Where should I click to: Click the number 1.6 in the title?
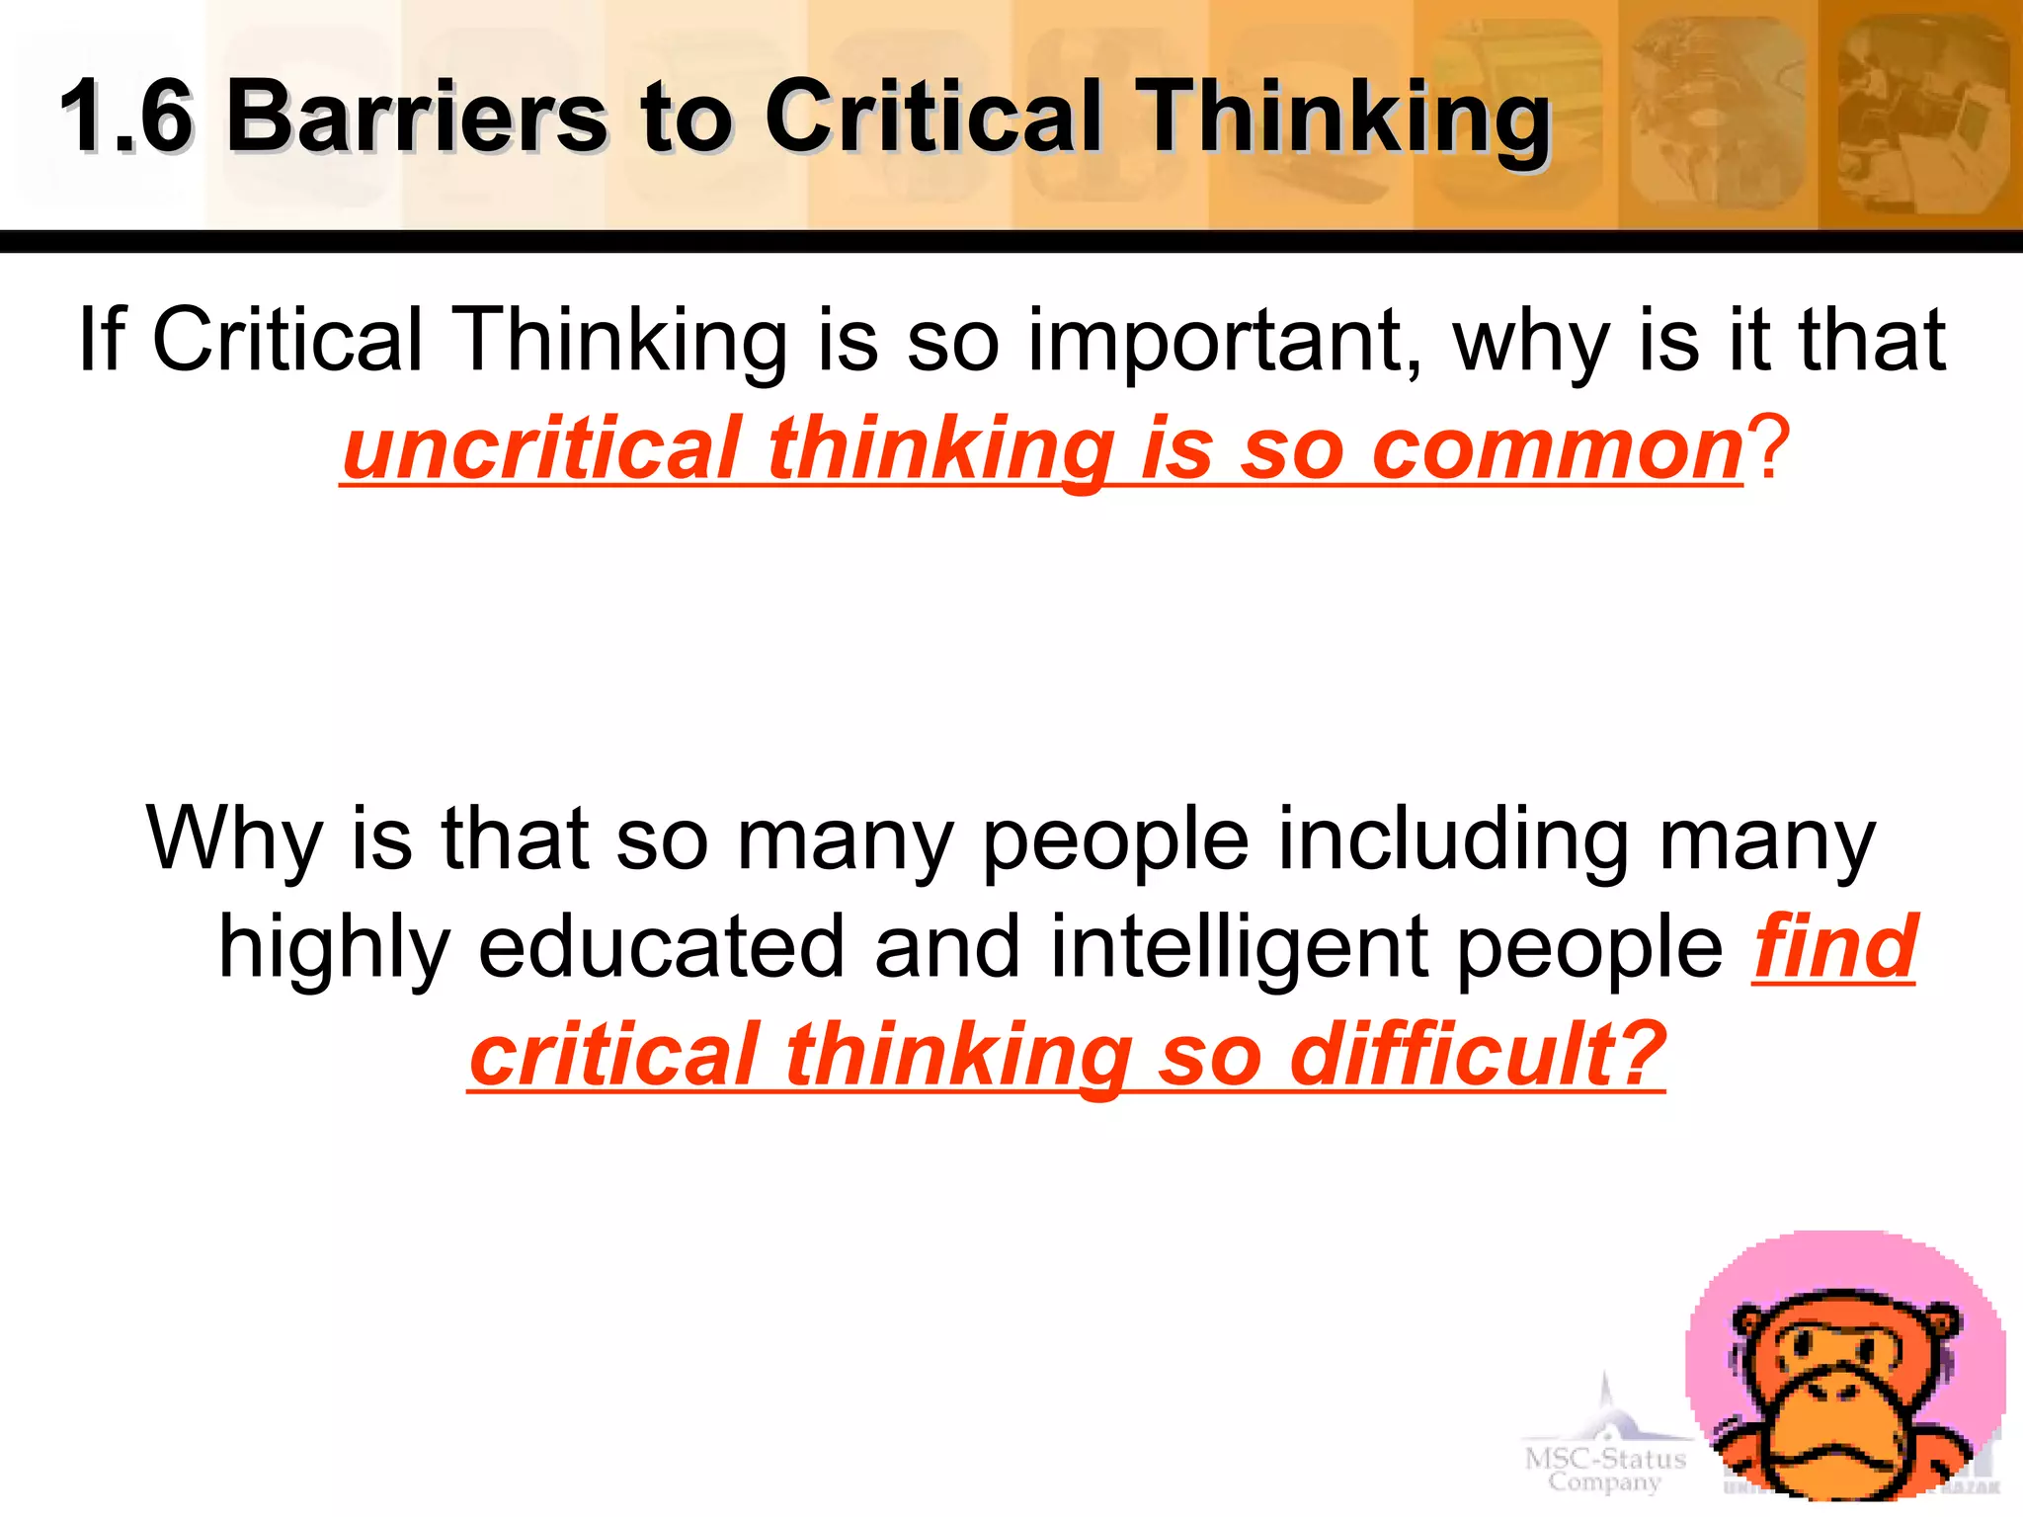(126, 118)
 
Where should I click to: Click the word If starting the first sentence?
(102, 340)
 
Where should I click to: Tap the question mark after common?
(1767, 449)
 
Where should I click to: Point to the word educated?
(662, 948)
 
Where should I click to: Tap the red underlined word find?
(1835, 948)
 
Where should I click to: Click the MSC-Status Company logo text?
(1605, 1469)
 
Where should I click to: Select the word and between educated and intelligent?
(946, 948)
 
